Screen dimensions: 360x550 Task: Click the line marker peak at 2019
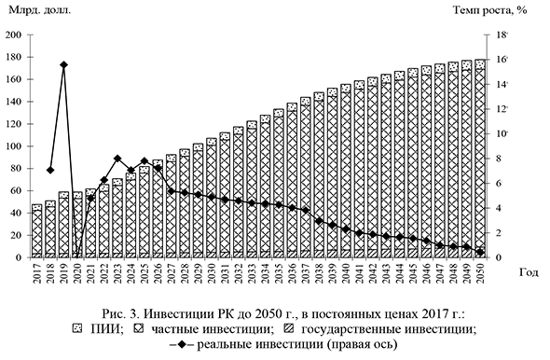click(63, 65)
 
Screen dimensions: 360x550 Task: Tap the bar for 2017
click(37, 230)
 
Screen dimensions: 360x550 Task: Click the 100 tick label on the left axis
click(13, 146)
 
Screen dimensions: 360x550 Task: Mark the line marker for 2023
click(117, 159)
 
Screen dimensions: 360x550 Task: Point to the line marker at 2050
click(479, 252)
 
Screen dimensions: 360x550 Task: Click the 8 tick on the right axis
click(500, 159)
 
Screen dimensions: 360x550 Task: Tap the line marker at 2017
click(50, 171)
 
